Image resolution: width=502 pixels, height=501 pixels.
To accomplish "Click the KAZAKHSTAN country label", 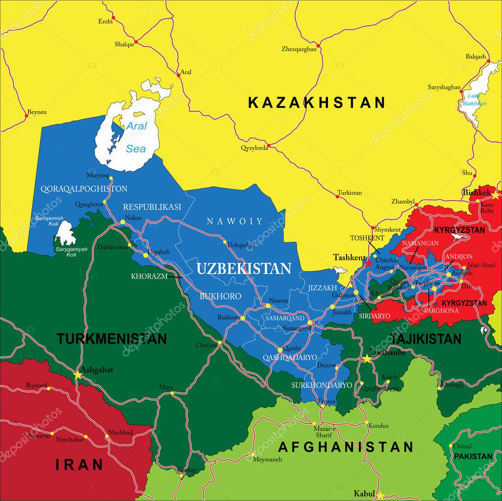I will [x=316, y=102].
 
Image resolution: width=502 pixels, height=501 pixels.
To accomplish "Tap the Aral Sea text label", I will [x=136, y=137].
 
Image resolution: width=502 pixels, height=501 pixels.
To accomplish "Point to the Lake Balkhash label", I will [x=474, y=100].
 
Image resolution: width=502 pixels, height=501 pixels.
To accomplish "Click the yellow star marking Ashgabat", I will [x=77, y=375].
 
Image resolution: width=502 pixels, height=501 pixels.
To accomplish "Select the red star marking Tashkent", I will [x=368, y=263].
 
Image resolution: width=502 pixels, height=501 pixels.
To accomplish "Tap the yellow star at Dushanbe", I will [x=367, y=359].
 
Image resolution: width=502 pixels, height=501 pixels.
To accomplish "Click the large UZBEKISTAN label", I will [x=244, y=269].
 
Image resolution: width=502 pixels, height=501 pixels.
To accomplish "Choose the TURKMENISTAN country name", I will [x=111, y=339].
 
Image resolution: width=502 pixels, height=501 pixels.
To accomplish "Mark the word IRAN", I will [x=79, y=464].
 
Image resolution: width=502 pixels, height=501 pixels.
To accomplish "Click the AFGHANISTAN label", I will [x=346, y=447].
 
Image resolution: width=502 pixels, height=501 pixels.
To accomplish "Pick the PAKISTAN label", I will [x=473, y=456].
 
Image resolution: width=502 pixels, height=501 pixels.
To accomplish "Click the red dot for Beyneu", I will [x=26, y=116].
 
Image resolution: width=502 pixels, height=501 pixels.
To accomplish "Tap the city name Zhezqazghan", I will [x=299, y=49].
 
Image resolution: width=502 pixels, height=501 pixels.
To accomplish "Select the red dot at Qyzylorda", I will [x=268, y=146].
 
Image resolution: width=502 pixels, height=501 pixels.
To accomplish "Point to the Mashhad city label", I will [x=120, y=433].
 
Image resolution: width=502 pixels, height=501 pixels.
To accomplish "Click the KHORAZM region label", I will [x=149, y=276].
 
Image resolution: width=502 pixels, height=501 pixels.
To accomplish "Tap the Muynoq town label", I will [x=97, y=175].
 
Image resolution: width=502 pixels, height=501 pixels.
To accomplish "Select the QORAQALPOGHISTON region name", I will [x=84, y=189].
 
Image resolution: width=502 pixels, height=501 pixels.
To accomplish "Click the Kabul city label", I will [x=364, y=494].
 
